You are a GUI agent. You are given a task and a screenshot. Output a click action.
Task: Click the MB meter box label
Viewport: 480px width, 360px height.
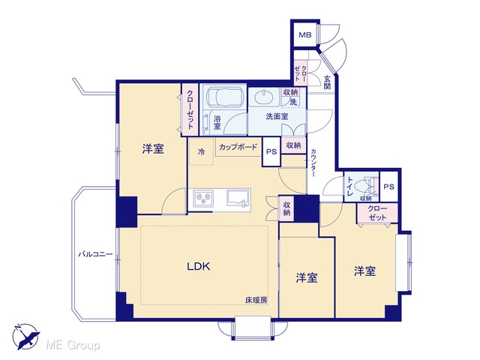click(x=305, y=35)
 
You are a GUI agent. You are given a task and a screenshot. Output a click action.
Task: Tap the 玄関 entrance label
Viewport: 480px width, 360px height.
click(x=327, y=82)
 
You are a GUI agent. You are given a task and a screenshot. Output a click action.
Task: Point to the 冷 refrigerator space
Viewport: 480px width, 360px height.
click(x=201, y=151)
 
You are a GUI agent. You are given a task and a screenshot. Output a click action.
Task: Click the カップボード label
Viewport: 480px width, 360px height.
click(x=238, y=147)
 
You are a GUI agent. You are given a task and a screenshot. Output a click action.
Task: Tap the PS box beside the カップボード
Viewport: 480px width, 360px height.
click(x=271, y=151)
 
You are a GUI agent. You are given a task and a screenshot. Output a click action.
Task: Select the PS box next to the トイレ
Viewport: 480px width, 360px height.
click(x=388, y=187)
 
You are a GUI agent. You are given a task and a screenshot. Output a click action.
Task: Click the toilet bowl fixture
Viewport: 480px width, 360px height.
click(x=369, y=187)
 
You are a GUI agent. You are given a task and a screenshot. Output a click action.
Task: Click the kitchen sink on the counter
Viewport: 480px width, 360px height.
click(x=237, y=198)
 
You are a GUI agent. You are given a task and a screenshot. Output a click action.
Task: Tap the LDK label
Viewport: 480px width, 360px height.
click(x=199, y=267)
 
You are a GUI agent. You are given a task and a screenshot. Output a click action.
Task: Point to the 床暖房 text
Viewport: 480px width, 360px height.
click(x=256, y=301)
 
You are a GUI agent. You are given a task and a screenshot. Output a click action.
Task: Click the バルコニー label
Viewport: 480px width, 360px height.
click(x=95, y=254)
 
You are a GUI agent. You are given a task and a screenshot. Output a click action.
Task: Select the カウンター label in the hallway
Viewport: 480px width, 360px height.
click(x=313, y=163)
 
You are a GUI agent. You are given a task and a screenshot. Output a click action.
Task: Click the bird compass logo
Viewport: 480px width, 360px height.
click(x=26, y=337)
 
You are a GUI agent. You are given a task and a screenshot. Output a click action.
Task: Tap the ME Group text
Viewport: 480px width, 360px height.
click(x=73, y=345)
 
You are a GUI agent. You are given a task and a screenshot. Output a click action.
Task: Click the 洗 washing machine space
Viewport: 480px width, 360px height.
click(x=293, y=102)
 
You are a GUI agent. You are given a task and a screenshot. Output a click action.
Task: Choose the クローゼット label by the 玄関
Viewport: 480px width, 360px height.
click(x=300, y=73)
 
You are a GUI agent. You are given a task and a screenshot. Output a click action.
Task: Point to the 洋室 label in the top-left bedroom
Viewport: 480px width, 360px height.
click(x=153, y=149)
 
